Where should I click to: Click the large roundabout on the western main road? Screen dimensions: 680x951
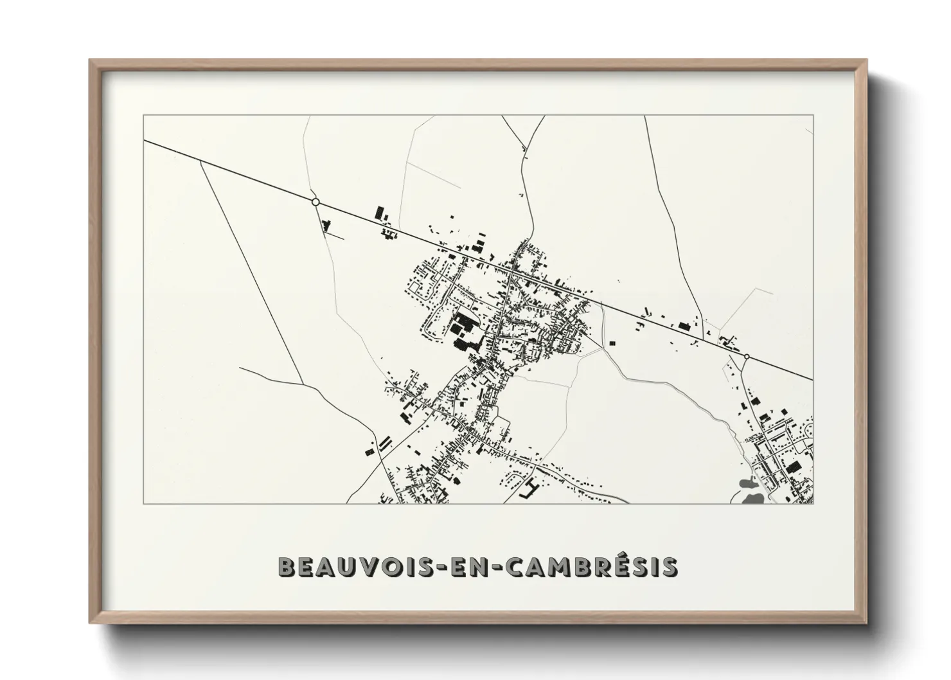pyautogui.click(x=316, y=202)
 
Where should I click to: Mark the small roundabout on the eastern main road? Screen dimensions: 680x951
pyautogui.click(x=747, y=356)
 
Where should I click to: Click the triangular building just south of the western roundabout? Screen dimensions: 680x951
pyautogui.click(x=326, y=225)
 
